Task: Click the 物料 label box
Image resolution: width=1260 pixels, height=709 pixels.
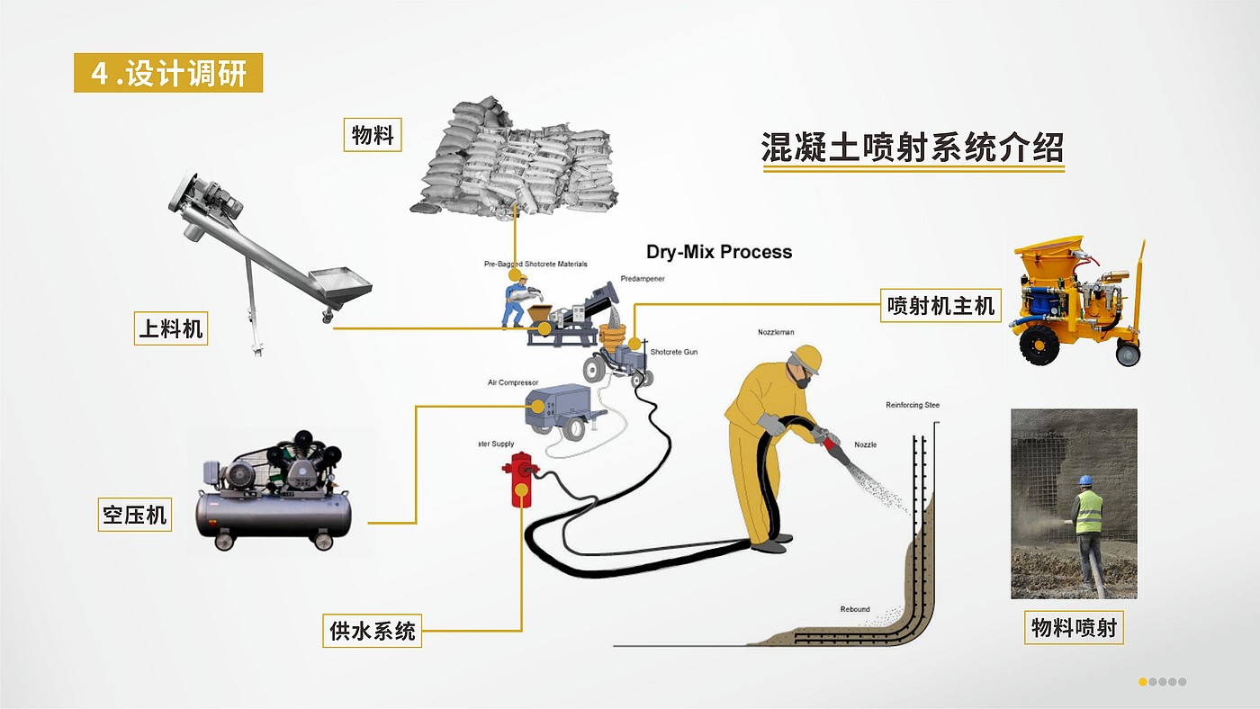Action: [373, 136]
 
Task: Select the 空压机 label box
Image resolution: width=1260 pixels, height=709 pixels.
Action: [134, 516]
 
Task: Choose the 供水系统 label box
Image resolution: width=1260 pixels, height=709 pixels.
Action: [372, 631]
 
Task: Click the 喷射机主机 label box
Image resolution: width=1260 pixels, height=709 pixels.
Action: [940, 307]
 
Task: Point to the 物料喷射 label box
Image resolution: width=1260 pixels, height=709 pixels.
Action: [1074, 627]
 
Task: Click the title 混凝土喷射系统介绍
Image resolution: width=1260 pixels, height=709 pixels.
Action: [913, 148]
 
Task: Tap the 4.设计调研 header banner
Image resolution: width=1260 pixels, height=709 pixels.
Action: [168, 73]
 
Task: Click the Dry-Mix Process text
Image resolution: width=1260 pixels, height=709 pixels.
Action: [719, 252]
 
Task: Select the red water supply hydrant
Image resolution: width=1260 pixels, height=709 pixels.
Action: [520, 479]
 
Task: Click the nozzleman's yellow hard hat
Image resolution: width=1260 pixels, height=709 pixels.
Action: [806, 357]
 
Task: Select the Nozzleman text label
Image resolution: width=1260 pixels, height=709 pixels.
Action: [776, 332]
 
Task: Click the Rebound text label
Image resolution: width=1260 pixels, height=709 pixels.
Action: [855, 609]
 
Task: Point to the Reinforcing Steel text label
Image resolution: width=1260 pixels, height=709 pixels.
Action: [913, 405]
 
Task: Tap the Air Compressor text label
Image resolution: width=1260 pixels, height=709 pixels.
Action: [513, 382]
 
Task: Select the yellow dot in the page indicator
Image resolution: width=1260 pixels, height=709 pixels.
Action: [1143, 682]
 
